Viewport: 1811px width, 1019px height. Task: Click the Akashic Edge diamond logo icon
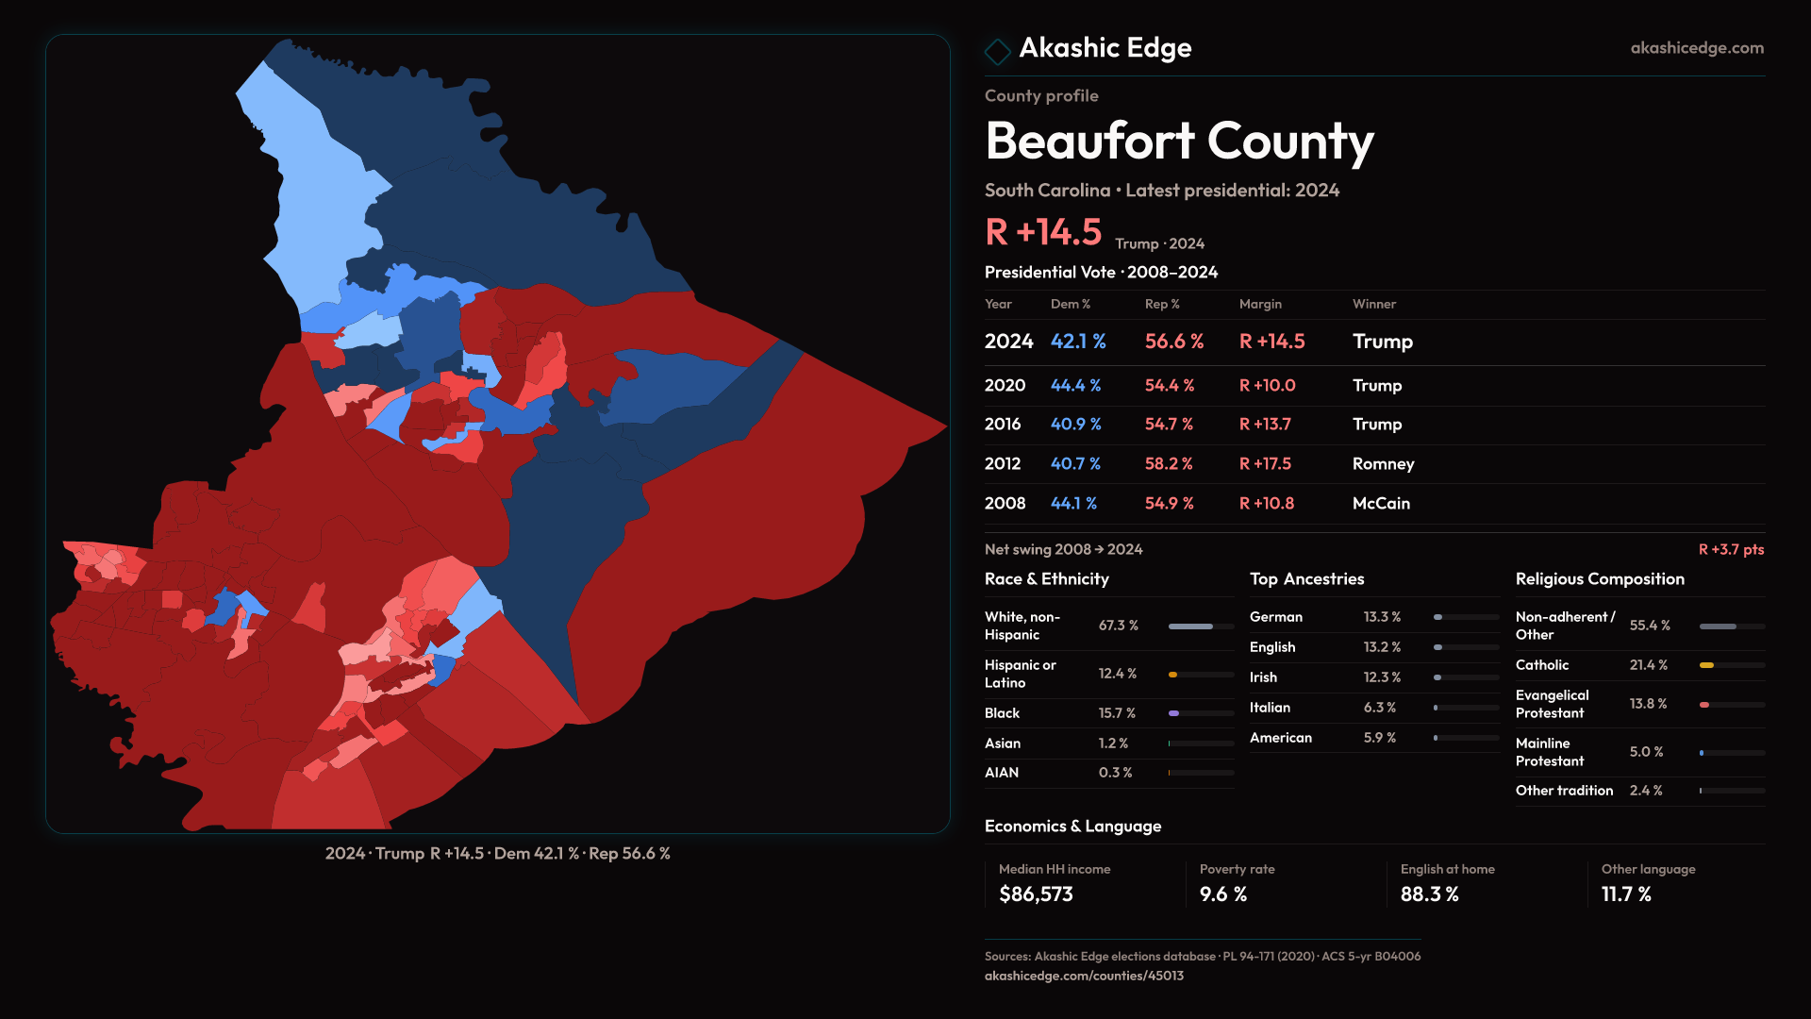(997, 50)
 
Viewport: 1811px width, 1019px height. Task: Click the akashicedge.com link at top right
(1696, 48)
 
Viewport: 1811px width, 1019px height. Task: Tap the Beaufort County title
(1179, 142)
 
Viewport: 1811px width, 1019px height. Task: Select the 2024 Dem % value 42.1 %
(1078, 342)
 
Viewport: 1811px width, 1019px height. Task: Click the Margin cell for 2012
(1265, 464)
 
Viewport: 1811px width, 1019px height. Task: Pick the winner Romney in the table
(1383, 464)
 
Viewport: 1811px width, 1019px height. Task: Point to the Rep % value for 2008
(1169, 504)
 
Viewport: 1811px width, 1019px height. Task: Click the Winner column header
(1373, 304)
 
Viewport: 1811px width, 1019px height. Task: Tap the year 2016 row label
(1003, 425)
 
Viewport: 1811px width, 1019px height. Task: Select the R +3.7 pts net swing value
(1731, 549)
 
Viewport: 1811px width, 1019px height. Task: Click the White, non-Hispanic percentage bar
(1201, 626)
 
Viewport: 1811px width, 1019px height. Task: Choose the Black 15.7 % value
(1117, 713)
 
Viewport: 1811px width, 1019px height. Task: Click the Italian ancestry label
(1270, 708)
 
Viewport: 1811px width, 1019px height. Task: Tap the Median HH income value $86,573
(1036, 894)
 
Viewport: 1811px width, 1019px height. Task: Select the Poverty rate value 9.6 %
(1223, 894)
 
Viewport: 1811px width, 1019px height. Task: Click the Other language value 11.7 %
(1626, 894)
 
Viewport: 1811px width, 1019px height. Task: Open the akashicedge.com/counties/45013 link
(1084, 976)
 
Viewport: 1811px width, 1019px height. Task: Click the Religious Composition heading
(1600, 579)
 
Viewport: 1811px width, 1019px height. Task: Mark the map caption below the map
(498, 854)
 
